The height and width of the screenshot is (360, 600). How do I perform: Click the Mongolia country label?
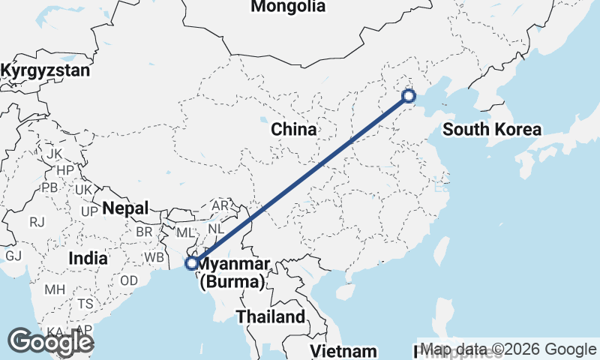[x=289, y=7]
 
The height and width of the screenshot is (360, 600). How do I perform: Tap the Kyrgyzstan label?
[x=45, y=71]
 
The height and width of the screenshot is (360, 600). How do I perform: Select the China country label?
[x=294, y=130]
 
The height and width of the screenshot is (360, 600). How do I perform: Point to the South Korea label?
[x=491, y=130]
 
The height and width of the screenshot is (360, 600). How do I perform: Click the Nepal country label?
[x=126, y=208]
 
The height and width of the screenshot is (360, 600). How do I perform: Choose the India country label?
[x=87, y=258]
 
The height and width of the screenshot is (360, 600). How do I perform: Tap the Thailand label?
[x=271, y=316]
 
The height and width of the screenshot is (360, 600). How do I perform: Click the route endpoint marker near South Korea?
[x=409, y=95]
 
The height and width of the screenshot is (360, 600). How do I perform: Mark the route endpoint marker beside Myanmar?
[x=192, y=263]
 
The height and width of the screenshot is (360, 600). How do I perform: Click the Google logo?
[x=50, y=342]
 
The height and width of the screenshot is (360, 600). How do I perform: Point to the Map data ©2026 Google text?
[x=508, y=349]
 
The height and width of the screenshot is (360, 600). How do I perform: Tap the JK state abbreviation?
[x=54, y=154]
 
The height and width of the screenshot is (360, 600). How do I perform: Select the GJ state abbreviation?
[x=13, y=255]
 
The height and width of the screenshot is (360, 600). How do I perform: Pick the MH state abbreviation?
[x=55, y=289]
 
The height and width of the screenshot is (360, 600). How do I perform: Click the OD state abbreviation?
[x=128, y=280]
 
